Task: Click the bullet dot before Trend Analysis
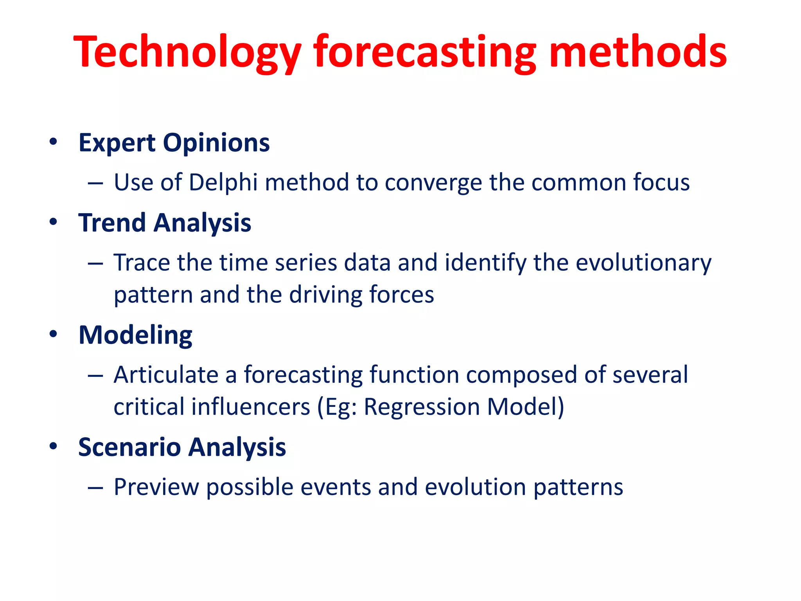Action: click(x=54, y=222)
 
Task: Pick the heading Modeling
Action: click(x=135, y=335)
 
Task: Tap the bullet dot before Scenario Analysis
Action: click(x=54, y=446)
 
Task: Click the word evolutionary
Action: click(x=643, y=263)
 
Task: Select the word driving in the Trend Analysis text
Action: click(x=325, y=295)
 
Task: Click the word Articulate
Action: click(x=166, y=375)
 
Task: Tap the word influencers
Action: click(x=250, y=407)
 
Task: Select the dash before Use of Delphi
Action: click(x=95, y=183)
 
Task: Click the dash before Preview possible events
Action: click(x=95, y=488)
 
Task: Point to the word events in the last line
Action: click(x=336, y=487)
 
